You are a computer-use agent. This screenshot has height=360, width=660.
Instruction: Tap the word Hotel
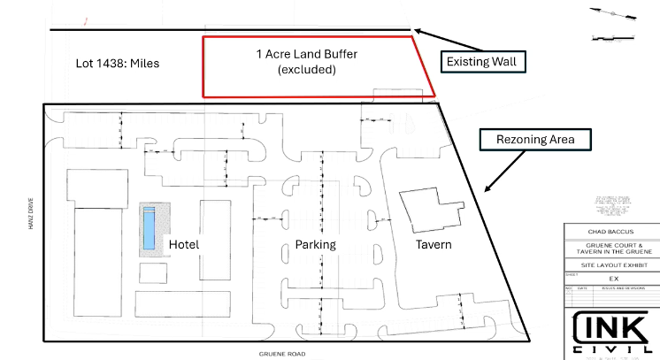click(x=184, y=244)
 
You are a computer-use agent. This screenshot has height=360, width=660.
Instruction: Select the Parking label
click(x=314, y=244)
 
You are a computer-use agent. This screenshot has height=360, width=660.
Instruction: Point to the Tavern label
click(x=434, y=244)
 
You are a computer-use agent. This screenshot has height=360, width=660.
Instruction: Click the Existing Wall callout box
click(x=480, y=62)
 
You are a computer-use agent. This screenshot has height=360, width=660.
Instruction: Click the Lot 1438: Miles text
click(x=117, y=65)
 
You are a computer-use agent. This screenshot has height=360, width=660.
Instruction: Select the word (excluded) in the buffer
click(x=306, y=69)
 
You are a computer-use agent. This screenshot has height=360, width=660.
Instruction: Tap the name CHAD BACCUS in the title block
click(x=610, y=234)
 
